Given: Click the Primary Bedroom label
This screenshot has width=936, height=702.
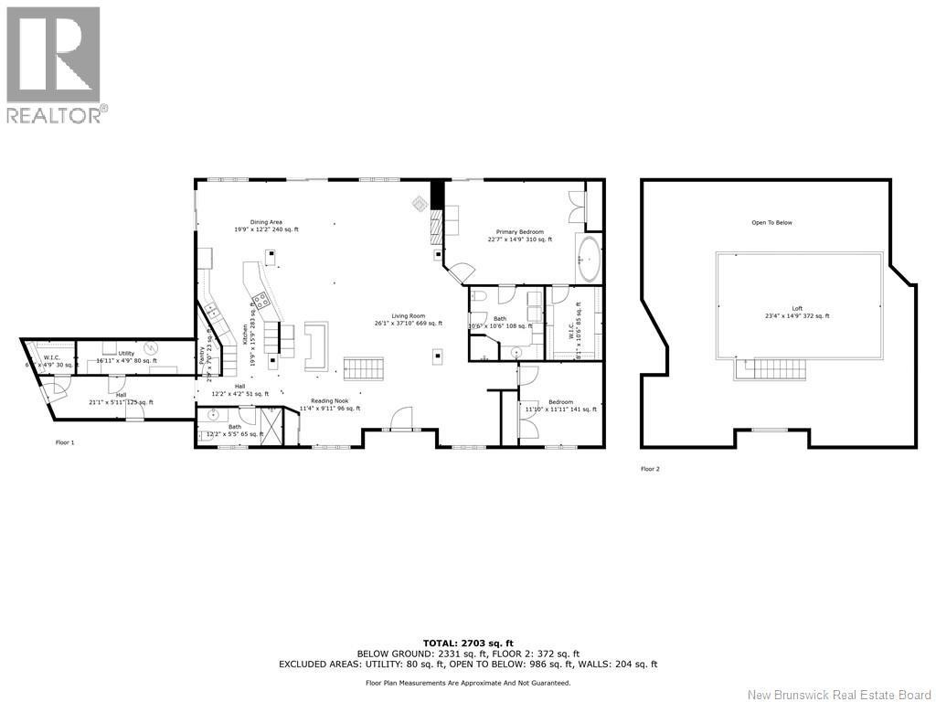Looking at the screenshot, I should click(519, 236).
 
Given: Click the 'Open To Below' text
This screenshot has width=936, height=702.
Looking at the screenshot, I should click(771, 222).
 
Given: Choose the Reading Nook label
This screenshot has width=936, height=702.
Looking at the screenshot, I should click(330, 405).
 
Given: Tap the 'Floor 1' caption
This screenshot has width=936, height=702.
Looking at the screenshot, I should click(65, 442).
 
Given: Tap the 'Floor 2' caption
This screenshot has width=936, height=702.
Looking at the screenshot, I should click(650, 469).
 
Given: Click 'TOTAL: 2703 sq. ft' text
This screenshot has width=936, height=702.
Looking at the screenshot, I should click(468, 643).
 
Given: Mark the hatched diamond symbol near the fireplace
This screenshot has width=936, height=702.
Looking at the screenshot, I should click(419, 202).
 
